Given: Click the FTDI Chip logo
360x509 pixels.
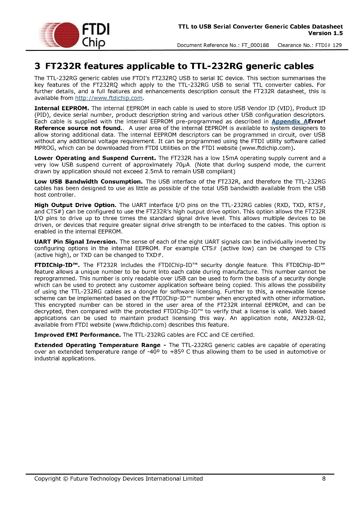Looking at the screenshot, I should pos(74,34).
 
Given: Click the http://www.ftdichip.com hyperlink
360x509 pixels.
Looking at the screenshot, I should pos(108,98).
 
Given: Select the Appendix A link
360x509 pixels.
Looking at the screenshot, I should pos(289,122).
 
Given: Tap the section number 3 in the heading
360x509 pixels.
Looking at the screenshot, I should pos(37,67).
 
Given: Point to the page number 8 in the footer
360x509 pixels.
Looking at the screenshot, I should pos(324,478).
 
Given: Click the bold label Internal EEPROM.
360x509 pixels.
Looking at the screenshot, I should pos(62,108).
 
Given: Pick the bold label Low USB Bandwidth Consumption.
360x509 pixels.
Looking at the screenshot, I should pos(89,181).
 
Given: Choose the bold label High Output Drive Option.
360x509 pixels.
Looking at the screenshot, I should pos(76,205).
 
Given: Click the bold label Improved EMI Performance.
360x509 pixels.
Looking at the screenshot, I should pos(77,335).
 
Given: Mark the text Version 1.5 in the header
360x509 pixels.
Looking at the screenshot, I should pos(325,33).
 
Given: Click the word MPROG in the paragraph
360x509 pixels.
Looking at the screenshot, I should pos(44,148).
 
